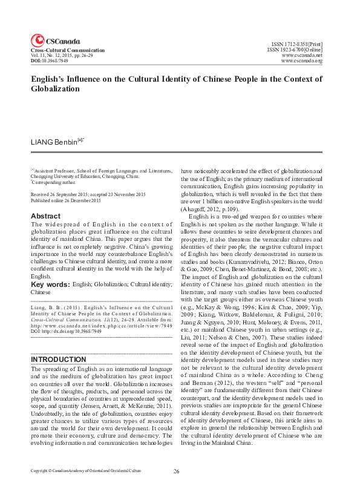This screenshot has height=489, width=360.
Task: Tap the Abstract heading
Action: (x=45, y=216)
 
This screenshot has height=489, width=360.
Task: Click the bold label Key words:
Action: (x=50, y=284)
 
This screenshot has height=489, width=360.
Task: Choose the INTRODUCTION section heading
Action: (x=58, y=359)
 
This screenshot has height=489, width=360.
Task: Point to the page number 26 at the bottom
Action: (x=177, y=471)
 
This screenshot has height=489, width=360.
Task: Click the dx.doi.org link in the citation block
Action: (x=66, y=332)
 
